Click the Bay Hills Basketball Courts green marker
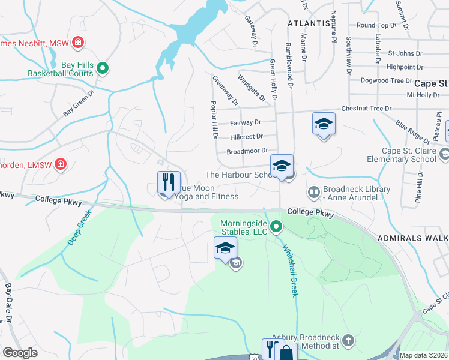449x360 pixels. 103,68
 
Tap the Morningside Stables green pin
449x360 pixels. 276,227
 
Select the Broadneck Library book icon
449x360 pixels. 313,193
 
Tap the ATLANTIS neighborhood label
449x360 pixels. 309,23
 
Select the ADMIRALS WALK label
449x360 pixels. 413,239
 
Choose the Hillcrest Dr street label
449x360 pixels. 246,137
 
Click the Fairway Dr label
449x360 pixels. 245,122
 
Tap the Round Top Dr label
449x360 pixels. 376,26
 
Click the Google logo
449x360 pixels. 20,353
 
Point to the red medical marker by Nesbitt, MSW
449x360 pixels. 77,43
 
